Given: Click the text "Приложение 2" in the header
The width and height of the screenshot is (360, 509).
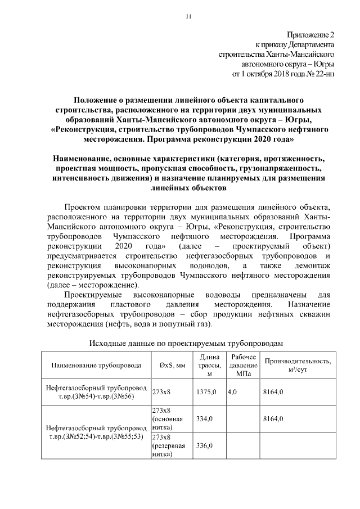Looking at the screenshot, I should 310,35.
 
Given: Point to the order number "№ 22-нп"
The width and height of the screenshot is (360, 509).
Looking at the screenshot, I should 320,73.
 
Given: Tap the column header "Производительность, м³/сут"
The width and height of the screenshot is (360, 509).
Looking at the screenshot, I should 298,365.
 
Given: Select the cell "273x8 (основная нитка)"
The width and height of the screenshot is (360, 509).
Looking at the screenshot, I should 170,418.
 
